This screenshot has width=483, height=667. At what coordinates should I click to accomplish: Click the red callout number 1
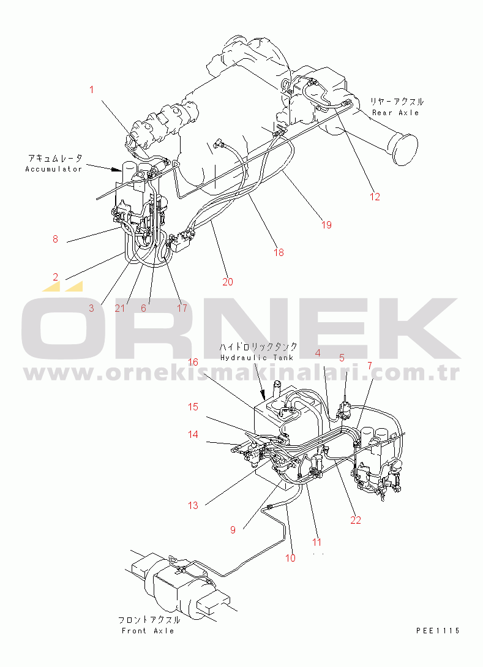click(x=91, y=89)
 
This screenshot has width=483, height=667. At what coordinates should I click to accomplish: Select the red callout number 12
click(x=375, y=197)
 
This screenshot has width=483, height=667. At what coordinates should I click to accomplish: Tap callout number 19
click(x=326, y=225)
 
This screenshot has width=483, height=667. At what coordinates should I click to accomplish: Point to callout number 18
click(x=279, y=252)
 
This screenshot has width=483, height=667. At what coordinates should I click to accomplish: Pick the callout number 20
click(x=228, y=282)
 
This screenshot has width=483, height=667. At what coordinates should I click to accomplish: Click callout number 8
click(x=55, y=239)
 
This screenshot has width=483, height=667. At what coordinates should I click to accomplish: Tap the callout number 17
click(x=182, y=308)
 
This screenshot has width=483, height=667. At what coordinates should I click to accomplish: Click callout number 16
click(x=193, y=362)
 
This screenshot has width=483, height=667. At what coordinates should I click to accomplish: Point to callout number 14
click(x=193, y=434)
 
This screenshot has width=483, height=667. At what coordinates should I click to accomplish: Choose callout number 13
click(x=193, y=505)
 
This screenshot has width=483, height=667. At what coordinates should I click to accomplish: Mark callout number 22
click(x=356, y=520)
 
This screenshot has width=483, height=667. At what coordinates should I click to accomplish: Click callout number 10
click(x=290, y=558)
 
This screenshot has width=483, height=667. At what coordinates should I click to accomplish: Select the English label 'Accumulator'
click(x=54, y=169)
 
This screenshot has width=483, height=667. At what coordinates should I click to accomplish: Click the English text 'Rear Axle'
click(x=395, y=113)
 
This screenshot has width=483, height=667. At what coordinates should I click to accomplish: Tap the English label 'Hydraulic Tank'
click(x=256, y=357)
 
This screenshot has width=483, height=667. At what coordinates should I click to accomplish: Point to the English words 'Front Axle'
click(x=148, y=631)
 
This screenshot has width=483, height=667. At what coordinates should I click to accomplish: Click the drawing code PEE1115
click(x=437, y=631)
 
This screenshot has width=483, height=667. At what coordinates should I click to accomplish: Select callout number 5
click(x=342, y=357)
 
